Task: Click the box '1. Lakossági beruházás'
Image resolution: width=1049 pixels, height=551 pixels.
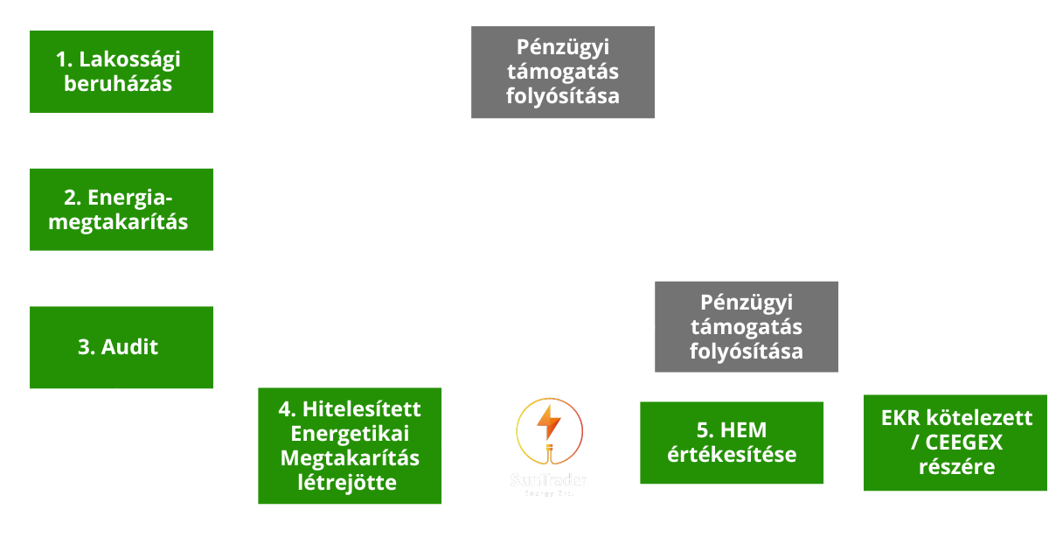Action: (x=122, y=72)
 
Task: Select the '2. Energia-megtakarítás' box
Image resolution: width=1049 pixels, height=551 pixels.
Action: (x=122, y=210)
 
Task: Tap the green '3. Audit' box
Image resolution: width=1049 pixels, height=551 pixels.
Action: (x=122, y=347)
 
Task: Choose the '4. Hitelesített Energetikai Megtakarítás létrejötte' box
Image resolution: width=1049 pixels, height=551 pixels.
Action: (x=350, y=446)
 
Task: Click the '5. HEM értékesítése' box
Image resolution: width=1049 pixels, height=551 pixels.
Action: (x=732, y=443)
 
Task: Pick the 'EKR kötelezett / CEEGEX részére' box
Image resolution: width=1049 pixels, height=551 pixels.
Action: (x=955, y=443)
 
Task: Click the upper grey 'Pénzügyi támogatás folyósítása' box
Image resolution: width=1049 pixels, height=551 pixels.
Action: (x=563, y=72)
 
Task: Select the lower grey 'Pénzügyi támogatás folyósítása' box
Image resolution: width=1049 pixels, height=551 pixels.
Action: (x=747, y=327)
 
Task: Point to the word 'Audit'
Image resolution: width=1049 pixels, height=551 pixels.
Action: (x=130, y=347)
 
